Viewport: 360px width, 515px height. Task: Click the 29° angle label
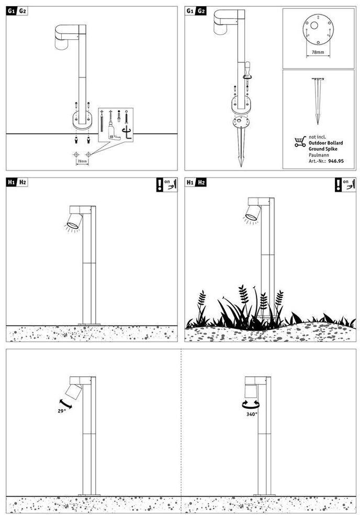[62, 411]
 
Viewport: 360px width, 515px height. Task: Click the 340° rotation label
[251, 414]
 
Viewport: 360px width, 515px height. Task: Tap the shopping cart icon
[300, 141]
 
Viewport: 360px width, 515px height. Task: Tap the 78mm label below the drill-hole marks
[83, 162]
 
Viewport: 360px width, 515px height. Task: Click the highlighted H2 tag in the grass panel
[201, 182]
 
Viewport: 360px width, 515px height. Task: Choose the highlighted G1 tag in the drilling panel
[12, 11]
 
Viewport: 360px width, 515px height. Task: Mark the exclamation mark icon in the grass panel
[339, 184]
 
